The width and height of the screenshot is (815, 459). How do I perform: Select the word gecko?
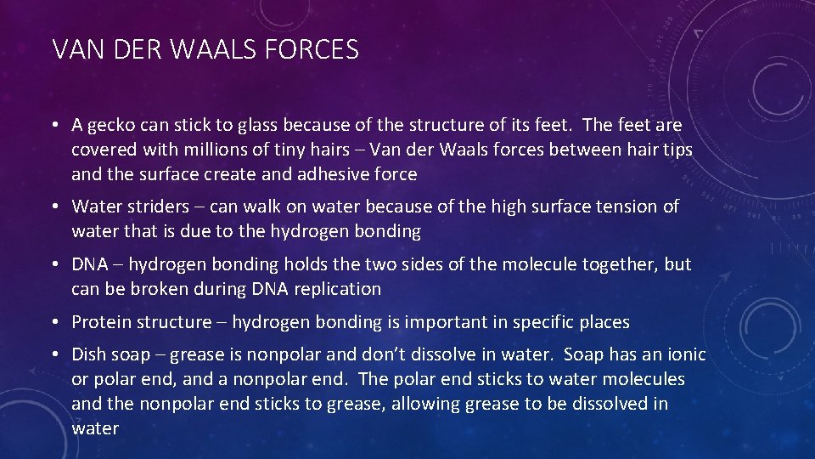point(114,126)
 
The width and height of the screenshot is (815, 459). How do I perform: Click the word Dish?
point(89,354)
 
